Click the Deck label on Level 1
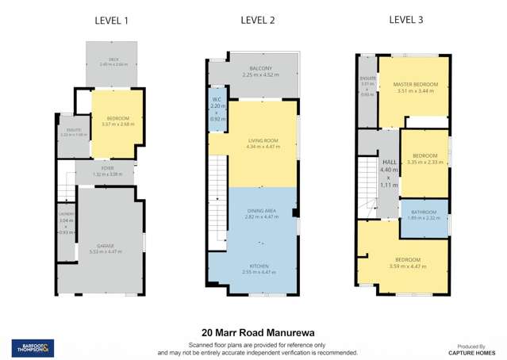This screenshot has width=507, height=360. [x=111, y=59]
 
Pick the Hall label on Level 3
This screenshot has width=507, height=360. [x=389, y=162]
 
